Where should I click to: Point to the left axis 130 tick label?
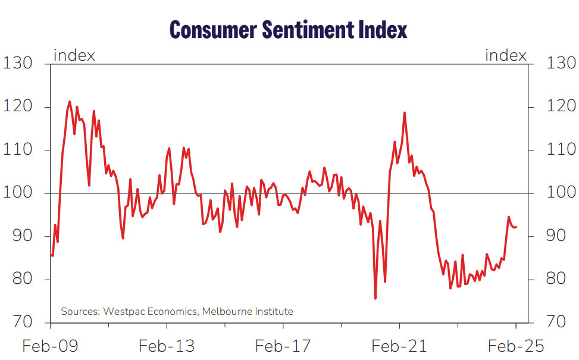19,63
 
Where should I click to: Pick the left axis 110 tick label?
19,150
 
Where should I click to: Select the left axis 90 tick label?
19,236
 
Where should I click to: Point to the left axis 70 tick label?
19,323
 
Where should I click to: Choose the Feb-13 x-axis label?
166,346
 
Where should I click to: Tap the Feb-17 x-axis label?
283,346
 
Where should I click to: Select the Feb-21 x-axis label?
399,346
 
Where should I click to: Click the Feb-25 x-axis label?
515,346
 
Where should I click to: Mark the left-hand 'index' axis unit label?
74,56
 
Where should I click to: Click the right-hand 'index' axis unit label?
506,56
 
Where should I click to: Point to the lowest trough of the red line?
375,298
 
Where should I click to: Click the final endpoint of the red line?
516,227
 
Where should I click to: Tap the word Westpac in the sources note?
125,311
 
